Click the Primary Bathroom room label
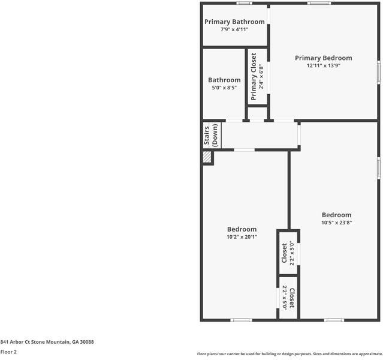click(234, 22)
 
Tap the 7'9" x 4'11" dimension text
click(234, 29)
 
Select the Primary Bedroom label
click(323, 58)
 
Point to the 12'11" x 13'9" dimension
click(323, 66)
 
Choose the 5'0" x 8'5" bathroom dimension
click(224, 88)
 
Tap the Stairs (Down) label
click(211, 136)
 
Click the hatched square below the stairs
click(207, 157)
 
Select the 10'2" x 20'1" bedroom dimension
click(242, 236)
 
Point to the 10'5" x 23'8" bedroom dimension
click(336, 222)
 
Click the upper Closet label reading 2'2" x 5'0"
click(288, 254)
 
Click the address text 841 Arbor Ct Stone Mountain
click(47, 341)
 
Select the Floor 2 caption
click(8, 352)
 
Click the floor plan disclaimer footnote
click(289, 354)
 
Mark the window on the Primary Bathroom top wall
click(243, 4)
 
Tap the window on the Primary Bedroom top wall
click(319, 4)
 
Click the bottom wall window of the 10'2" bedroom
click(241, 320)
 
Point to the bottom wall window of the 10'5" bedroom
click(334, 320)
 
